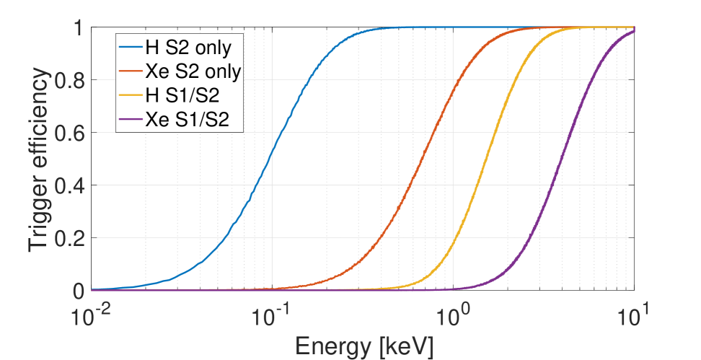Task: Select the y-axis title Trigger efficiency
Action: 42,159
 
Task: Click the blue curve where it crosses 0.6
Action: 282,133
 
